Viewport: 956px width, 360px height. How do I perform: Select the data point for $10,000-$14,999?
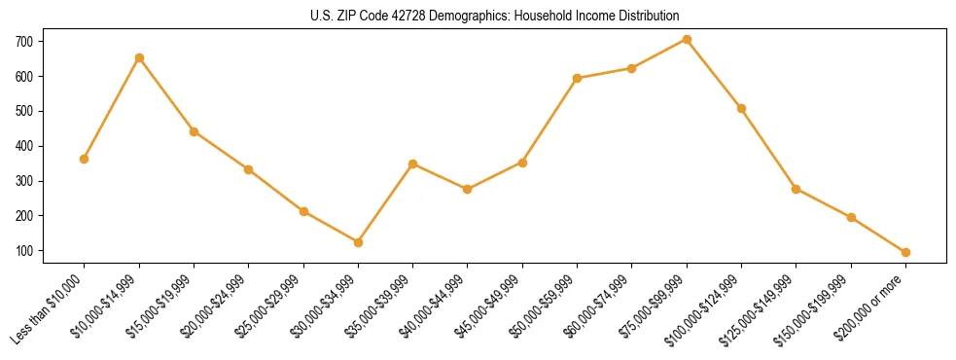(139, 57)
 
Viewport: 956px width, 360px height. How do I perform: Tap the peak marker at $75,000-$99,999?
(687, 39)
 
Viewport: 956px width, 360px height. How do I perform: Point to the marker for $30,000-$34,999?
(358, 242)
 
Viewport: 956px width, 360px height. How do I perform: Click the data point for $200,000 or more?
(905, 252)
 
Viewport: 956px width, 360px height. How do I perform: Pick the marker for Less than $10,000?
(84, 159)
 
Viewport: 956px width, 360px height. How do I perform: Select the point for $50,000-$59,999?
(577, 78)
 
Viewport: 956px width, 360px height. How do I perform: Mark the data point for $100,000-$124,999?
(741, 108)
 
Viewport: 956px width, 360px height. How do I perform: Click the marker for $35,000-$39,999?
(413, 163)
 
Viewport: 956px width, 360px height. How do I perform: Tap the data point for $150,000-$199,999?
(851, 217)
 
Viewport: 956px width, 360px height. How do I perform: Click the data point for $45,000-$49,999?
(522, 162)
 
